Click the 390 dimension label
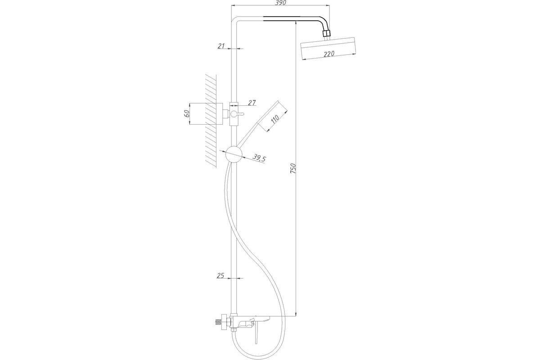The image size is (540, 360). [x=281, y=3]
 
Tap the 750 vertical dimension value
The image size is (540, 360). [x=293, y=168]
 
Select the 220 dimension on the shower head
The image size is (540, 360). [x=329, y=54]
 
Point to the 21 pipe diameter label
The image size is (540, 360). [x=221, y=45]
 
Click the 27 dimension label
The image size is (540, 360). [x=252, y=103]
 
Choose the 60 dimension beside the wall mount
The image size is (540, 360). [x=187, y=113]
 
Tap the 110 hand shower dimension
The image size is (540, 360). [x=275, y=119]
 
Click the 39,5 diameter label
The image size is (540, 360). [x=259, y=158]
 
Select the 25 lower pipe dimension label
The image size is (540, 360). [x=220, y=275]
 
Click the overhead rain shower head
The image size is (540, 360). [x=328, y=48]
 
